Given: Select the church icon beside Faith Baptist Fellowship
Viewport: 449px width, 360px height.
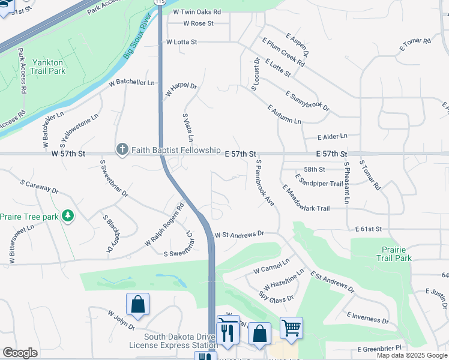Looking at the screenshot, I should (122, 149).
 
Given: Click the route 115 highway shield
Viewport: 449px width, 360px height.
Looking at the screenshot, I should (159, 2).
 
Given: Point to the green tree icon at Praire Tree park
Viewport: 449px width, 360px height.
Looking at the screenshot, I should (68, 215).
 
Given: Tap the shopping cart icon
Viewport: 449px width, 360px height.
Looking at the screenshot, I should (291, 328).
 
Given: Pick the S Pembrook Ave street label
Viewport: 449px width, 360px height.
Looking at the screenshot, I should (265, 183).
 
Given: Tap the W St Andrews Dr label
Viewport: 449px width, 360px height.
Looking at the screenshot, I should (239, 235).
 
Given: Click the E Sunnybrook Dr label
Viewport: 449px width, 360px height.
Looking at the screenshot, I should (307, 100).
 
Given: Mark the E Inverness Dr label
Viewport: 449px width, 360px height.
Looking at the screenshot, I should (367, 318).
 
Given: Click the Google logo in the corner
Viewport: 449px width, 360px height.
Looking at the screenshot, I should (20, 352).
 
